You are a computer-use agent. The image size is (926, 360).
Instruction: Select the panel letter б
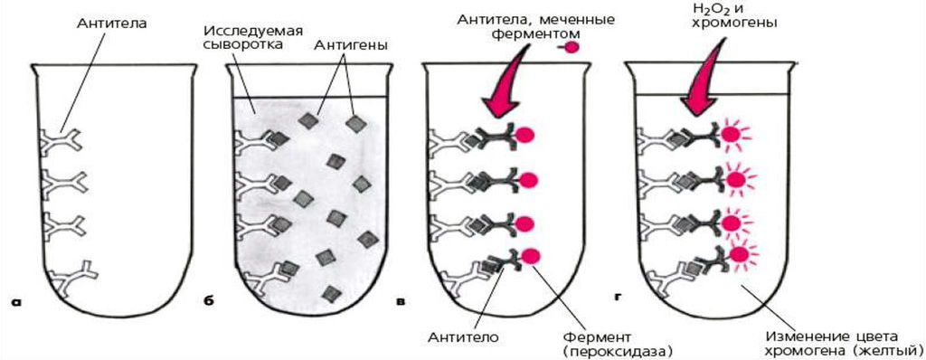(208, 300)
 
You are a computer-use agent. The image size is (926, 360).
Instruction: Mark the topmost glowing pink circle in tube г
(733, 136)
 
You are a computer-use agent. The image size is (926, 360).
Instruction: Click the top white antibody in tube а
(61, 140)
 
